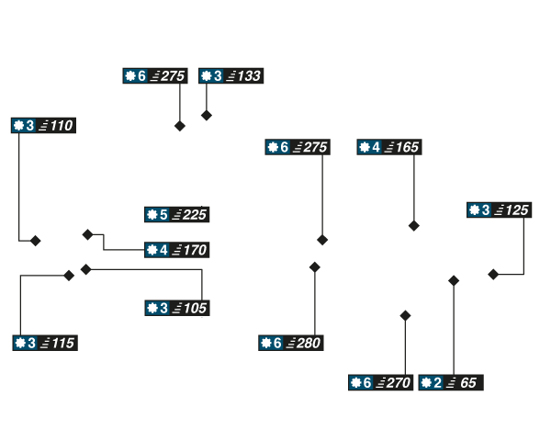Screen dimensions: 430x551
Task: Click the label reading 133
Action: click(x=231, y=75)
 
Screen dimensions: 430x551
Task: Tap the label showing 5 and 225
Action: click(x=176, y=215)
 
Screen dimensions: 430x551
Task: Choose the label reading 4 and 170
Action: click(x=176, y=249)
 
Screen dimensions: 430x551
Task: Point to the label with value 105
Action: click(x=176, y=308)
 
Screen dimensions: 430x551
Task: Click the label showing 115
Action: click(x=44, y=343)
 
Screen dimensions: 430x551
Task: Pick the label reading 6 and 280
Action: click(x=289, y=343)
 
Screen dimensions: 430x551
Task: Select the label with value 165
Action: click(x=388, y=147)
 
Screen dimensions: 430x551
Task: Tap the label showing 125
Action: click(x=498, y=210)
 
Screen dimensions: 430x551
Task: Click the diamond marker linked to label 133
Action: click(x=206, y=116)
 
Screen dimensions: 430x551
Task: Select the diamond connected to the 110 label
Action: click(x=36, y=241)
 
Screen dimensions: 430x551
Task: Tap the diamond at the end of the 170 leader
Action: click(x=87, y=234)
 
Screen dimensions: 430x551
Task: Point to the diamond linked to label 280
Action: click(x=315, y=266)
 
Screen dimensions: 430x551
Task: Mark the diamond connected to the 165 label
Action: click(x=414, y=226)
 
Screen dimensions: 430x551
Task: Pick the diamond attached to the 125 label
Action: click(x=492, y=274)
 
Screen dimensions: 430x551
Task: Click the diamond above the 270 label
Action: click(x=405, y=315)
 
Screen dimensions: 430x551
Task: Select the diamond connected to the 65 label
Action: click(x=453, y=278)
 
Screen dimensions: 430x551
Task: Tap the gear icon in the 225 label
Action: click(x=152, y=215)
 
